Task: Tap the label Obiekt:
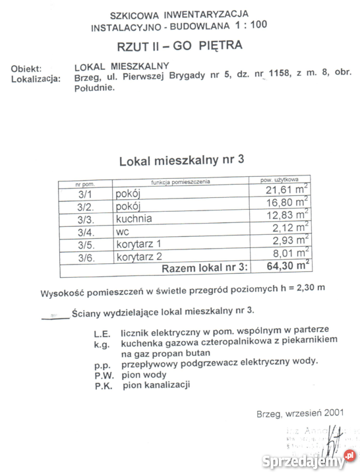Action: pos(26,69)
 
